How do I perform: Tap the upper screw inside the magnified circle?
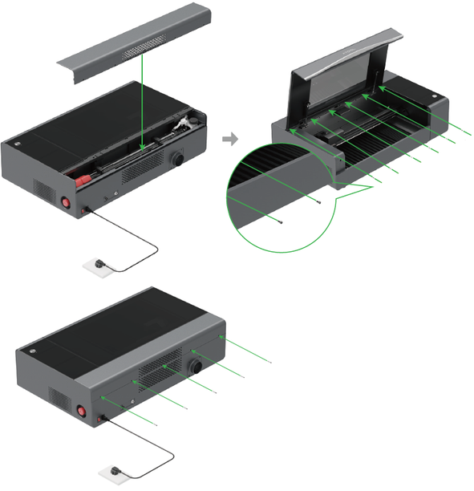point(321,201)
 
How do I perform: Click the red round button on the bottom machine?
point(80,414)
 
